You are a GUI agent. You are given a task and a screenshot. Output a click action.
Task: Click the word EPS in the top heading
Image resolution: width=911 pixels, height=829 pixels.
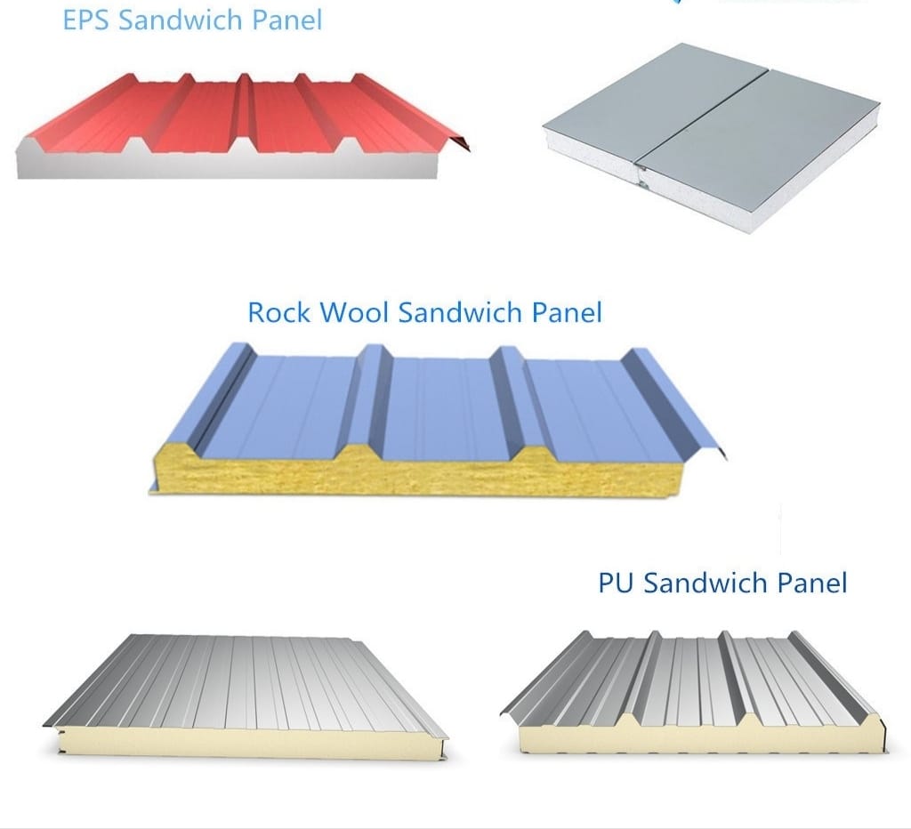pyautogui.click(x=86, y=20)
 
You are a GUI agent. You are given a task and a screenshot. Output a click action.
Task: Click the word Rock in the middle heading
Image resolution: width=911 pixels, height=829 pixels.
pyautogui.click(x=279, y=312)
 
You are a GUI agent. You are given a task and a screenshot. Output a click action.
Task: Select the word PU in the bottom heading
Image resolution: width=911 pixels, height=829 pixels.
pyautogui.click(x=616, y=583)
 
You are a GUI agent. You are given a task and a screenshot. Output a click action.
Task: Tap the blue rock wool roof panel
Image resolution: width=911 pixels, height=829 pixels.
pyautogui.click(x=437, y=418)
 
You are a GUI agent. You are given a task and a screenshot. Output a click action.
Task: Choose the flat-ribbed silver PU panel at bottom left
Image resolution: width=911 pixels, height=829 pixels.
pyautogui.click(x=246, y=695)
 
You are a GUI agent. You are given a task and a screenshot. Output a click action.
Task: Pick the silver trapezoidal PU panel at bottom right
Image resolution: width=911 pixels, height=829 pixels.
pyautogui.click(x=694, y=691)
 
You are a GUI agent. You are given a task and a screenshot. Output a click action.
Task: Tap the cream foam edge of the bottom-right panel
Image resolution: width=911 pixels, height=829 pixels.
pyautogui.click(x=700, y=736)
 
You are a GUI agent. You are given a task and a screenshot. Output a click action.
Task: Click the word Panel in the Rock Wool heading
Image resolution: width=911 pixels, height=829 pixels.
pyautogui.click(x=567, y=312)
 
